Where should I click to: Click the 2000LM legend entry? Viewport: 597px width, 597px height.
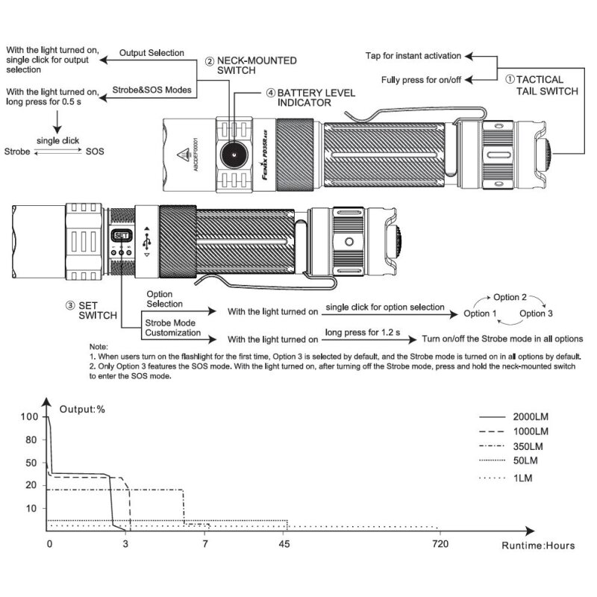pos(531,416)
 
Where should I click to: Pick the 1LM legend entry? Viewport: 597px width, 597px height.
pos(522,478)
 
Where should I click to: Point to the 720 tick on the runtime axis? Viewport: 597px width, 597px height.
pos(440,544)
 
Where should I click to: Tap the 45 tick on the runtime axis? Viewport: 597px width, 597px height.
pos(284,544)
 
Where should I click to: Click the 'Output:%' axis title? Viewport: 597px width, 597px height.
pos(83,408)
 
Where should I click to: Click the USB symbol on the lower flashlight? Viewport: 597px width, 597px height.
pos(147,240)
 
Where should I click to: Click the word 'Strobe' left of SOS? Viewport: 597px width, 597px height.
pos(17,151)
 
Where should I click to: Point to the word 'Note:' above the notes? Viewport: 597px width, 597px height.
pos(99,348)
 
